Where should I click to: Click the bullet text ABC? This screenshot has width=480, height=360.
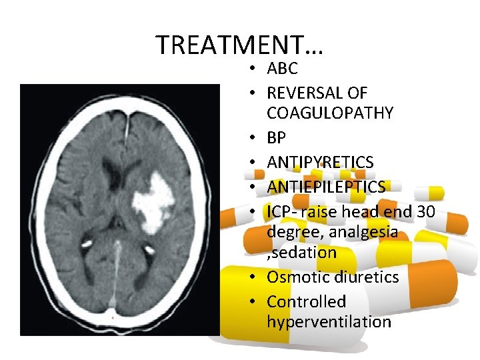click(282, 69)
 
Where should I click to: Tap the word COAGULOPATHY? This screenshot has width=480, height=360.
click(330, 113)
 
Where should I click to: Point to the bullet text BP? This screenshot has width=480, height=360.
click(277, 138)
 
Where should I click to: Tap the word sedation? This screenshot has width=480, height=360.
click(304, 253)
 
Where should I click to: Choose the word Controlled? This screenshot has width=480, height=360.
click(307, 301)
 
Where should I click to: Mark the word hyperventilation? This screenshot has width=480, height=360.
click(329, 322)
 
